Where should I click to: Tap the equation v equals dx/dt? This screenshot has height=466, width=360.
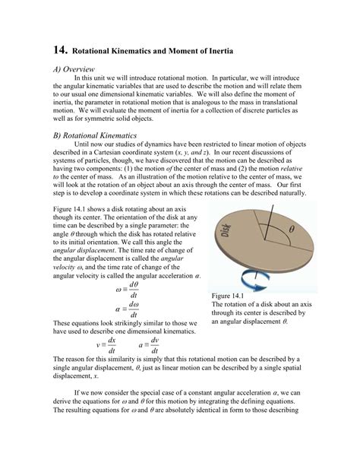pos(107,344)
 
